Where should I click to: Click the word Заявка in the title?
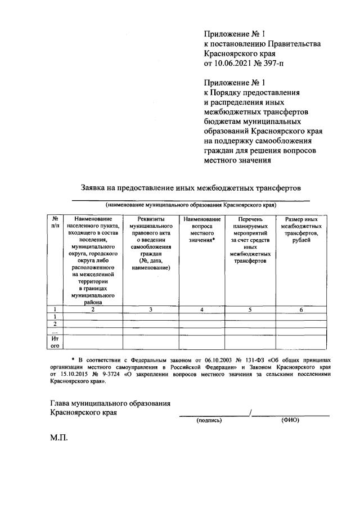point(96,186)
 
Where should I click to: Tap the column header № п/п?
point(55,222)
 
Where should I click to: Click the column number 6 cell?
point(301,309)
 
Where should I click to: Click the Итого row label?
point(55,342)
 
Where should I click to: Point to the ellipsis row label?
point(55,331)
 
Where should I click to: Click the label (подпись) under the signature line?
point(209,420)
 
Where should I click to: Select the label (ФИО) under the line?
point(290,420)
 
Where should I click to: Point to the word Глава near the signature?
point(62,403)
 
